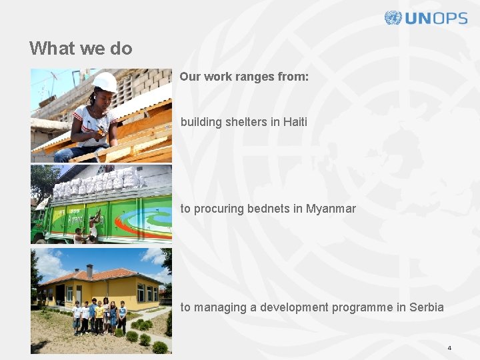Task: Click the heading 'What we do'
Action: coord(81,49)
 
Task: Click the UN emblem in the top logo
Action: coord(393,18)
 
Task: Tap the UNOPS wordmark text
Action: coord(436,19)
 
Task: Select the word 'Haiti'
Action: coord(295,122)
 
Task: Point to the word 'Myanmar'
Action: coord(331,209)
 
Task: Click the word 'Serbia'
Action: coord(427,307)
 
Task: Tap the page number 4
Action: coord(449,348)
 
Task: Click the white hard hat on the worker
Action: coord(105,81)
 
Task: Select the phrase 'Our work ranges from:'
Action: coord(244,77)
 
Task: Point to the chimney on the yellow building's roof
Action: coord(90,270)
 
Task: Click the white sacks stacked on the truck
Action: coord(100,181)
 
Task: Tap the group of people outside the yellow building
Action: coord(99,316)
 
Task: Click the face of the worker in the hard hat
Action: coord(103,97)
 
